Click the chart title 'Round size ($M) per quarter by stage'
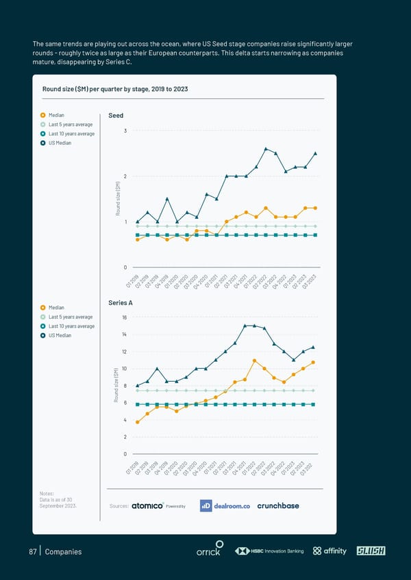pos(115,90)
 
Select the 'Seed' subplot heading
pos(116,116)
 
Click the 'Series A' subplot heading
pos(121,302)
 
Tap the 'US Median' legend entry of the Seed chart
pos(60,142)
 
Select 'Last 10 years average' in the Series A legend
pos(72,326)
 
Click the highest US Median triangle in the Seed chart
pos(266,148)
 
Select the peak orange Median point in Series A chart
pos(254,360)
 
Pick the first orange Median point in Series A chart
pos(138,422)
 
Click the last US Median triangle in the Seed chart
pos(315,153)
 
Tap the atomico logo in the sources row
pos(147,505)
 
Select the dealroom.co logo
pos(225,505)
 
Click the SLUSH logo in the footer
pos(371,551)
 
